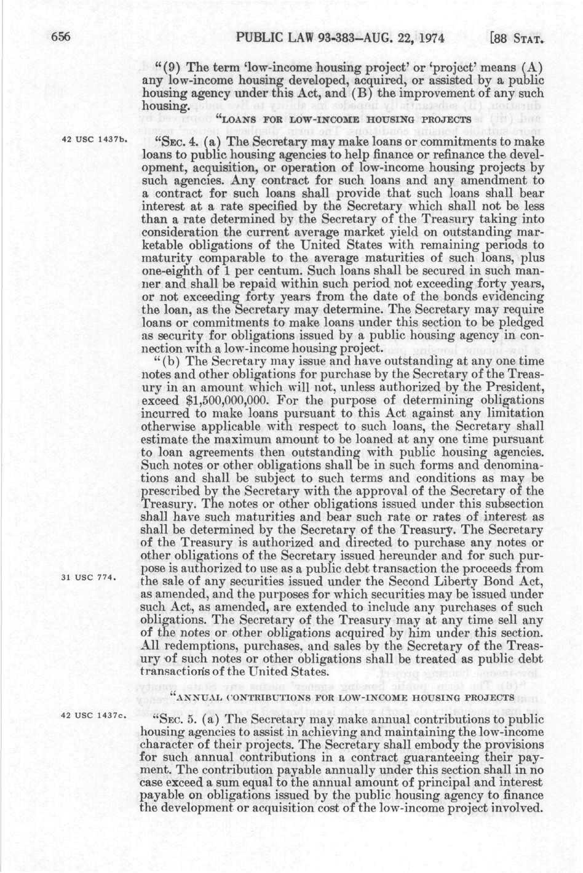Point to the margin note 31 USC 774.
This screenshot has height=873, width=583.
(94, 577)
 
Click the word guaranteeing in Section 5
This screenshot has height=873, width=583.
(455, 756)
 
